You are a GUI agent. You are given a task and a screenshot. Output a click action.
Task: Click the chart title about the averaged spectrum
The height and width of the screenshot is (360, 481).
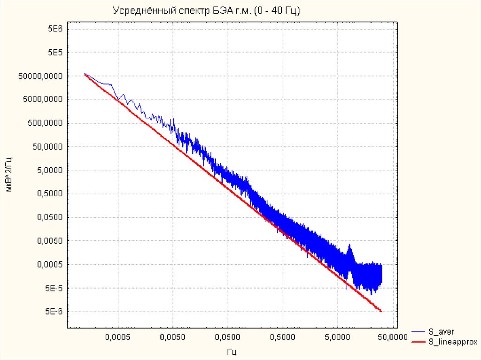tap(206, 10)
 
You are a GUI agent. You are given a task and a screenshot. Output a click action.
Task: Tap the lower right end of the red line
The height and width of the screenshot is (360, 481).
tap(381, 311)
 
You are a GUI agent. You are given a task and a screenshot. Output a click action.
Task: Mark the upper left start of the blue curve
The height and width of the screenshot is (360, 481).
tap(85, 74)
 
